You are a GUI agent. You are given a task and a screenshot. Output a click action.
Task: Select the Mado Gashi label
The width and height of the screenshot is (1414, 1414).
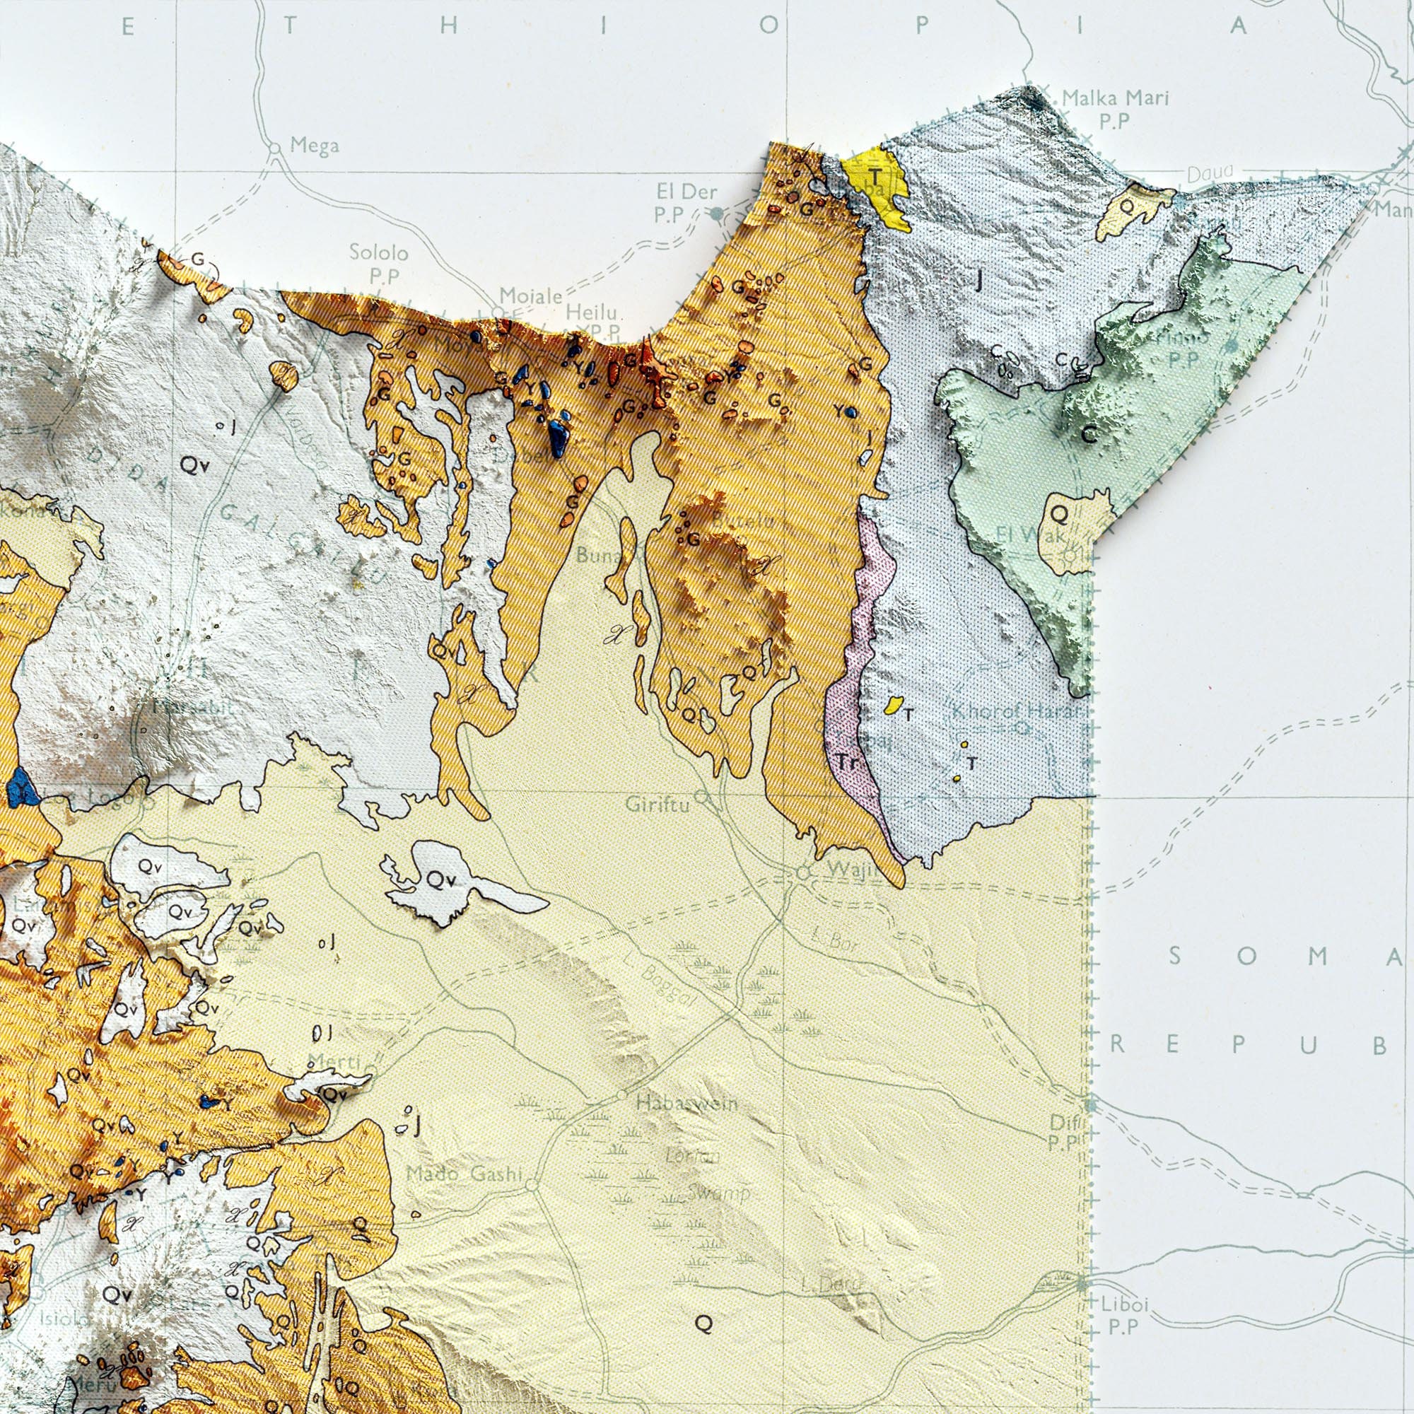point(464,1174)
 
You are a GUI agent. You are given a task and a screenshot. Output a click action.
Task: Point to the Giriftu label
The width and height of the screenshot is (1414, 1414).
point(657,805)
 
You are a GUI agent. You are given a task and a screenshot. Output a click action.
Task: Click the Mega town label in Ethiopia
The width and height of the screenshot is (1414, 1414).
point(314,146)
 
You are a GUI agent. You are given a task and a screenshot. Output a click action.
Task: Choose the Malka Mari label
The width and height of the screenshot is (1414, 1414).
point(1116,98)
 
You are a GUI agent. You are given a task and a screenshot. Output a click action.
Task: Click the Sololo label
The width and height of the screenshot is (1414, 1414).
point(378,253)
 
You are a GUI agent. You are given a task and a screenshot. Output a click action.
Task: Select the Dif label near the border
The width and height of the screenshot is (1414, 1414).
point(1059,1121)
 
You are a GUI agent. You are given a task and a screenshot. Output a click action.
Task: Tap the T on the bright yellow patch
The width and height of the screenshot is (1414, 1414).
point(875,175)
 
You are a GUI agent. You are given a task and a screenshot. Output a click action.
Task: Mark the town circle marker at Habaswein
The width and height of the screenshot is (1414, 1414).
point(621,1096)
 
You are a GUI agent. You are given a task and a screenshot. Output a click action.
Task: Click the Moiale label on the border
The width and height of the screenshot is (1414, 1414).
point(531,296)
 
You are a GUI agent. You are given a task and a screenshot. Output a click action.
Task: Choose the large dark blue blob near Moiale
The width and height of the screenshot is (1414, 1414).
point(558,438)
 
